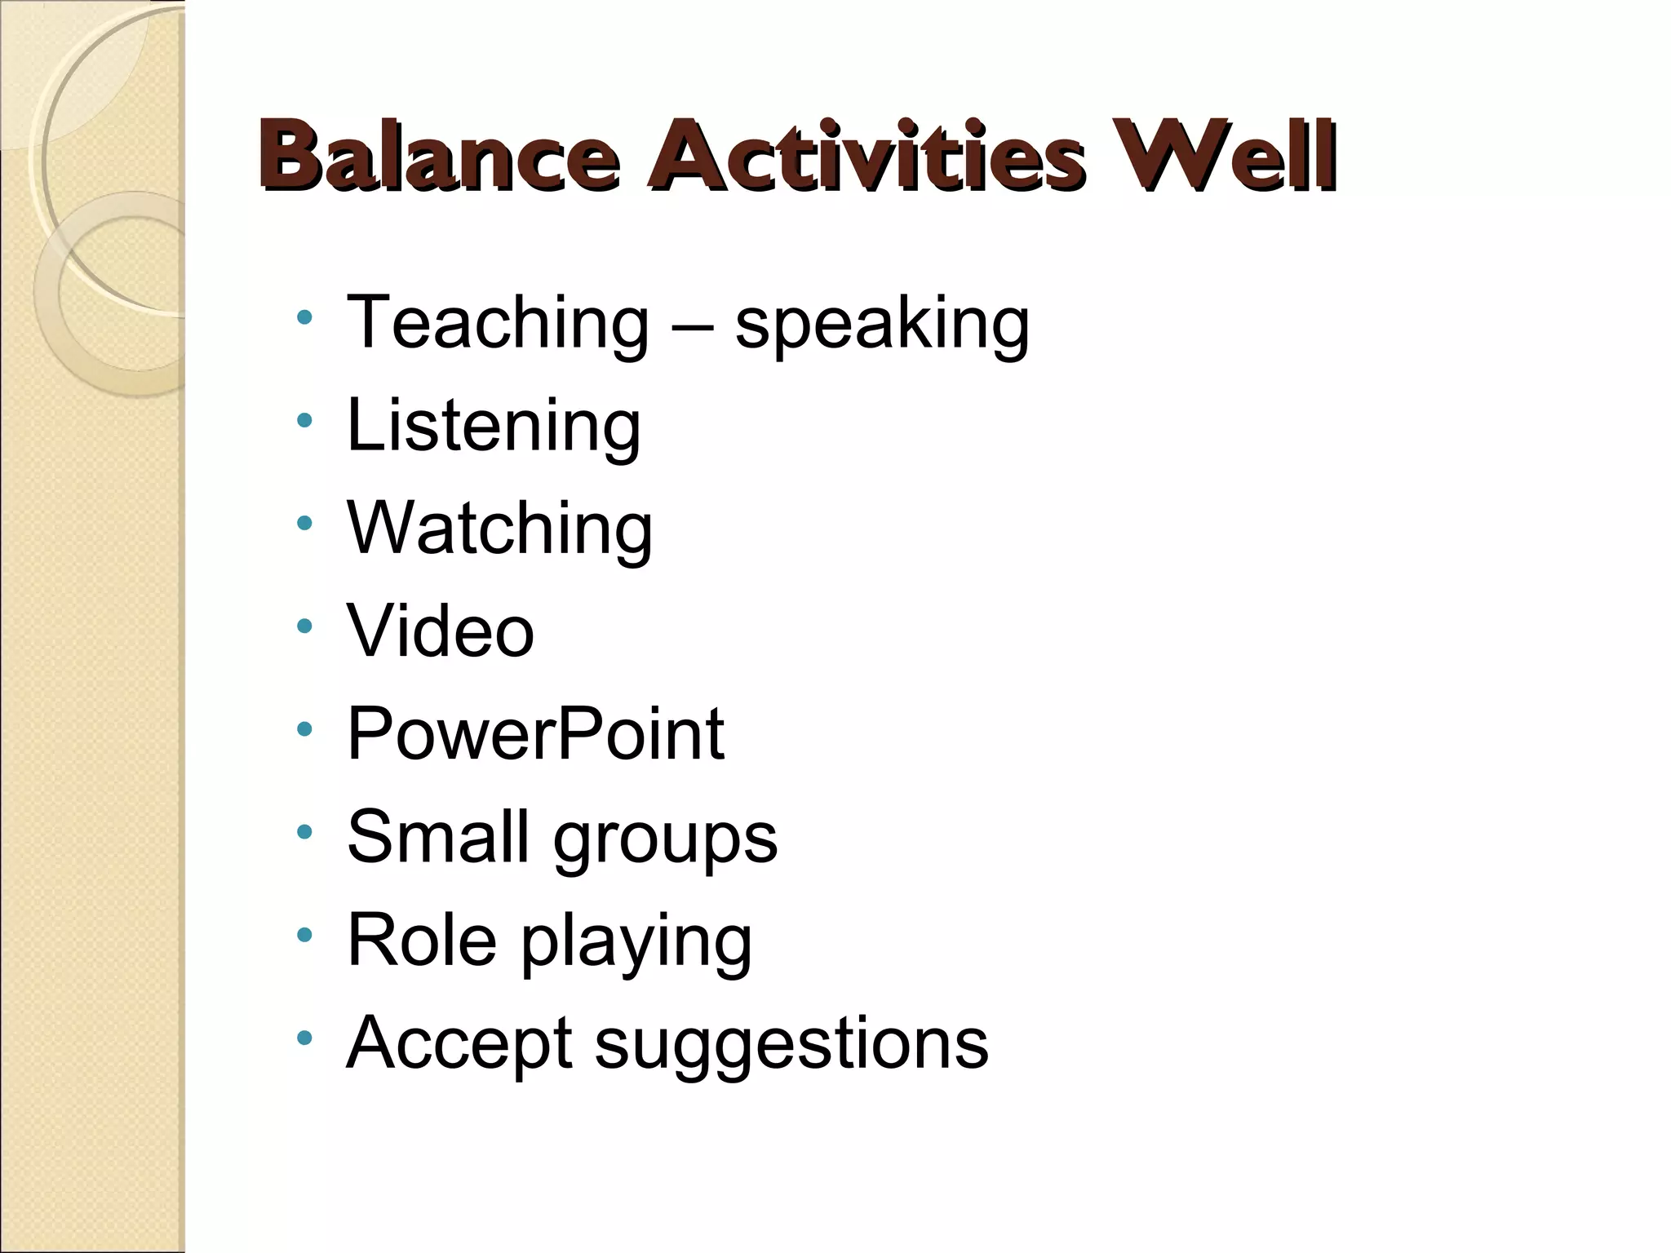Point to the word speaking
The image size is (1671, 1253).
pyautogui.click(x=882, y=325)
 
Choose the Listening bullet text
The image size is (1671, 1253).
pyautogui.click(x=494, y=426)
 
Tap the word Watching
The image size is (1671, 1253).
pyautogui.click(x=499, y=529)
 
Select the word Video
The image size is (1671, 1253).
pyautogui.click(x=441, y=631)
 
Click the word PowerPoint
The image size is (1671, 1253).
pyautogui.click(x=535, y=733)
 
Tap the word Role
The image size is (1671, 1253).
pyautogui.click(x=422, y=939)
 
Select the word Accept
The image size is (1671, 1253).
pyautogui.click(x=458, y=1043)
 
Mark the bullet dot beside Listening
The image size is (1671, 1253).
pyautogui.click(x=304, y=421)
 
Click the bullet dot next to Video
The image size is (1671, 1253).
pyautogui.click(x=304, y=626)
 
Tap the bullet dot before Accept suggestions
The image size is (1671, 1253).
pyautogui.click(x=304, y=1038)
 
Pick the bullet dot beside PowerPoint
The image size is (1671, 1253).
pyautogui.click(x=304, y=729)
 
